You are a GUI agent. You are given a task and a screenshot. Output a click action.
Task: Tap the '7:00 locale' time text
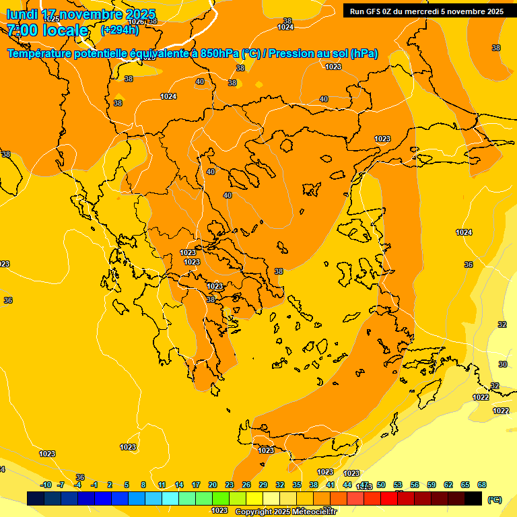tap(47, 30)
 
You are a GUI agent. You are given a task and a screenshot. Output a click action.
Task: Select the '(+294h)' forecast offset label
tap(119, 30)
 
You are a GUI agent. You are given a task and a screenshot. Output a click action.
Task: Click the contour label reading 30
tap(503, 364)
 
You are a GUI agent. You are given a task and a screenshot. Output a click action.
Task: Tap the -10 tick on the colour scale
tap(46, 485)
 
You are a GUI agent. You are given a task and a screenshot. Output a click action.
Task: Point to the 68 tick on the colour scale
tap(482, 485)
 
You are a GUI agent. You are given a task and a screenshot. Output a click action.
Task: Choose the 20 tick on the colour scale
tap(213, 485)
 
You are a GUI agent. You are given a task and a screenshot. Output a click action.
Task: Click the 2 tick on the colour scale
tap(110, 485)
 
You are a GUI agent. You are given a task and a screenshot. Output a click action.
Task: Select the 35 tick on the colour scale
tap(297, 485)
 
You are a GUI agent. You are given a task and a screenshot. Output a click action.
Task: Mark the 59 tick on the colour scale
tap(432, 485)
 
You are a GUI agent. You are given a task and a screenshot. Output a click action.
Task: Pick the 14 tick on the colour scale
tap(179, 485)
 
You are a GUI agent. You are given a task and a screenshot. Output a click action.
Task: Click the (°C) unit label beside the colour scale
tap(495, 499)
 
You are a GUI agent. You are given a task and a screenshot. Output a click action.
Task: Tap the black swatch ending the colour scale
tap(473, 499)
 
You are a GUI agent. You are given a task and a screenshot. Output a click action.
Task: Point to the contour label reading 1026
tap(136, 22)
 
